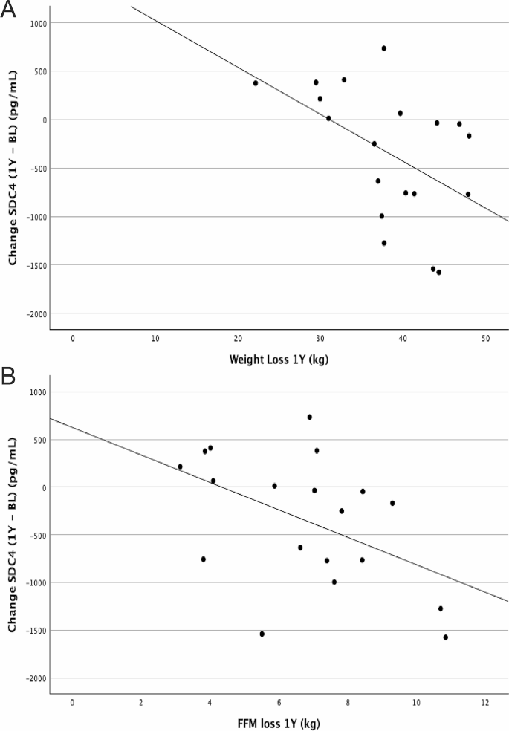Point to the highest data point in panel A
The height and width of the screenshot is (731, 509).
point(384,48)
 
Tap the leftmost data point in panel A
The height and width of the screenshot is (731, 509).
point(256,83)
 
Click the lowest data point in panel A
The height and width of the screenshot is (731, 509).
point(439,273)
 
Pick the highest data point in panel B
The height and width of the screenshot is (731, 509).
point(310,417)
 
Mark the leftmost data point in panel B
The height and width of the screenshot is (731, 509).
point(181,467)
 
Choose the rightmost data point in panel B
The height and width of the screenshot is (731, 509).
point(446,637)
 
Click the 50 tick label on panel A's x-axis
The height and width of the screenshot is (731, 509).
point(484,339)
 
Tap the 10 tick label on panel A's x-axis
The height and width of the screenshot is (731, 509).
point(155,339)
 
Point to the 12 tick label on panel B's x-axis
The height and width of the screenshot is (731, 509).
point(484,703)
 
